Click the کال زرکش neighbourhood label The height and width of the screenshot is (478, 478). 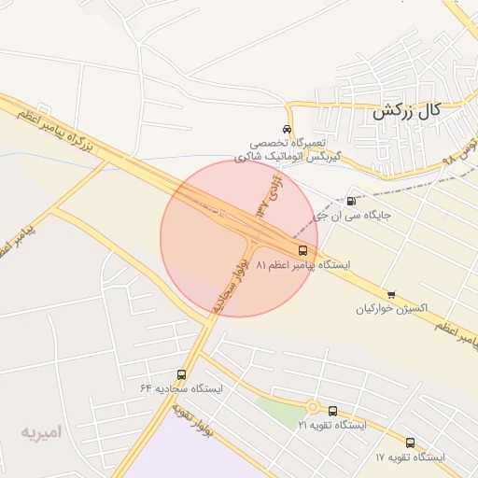[x=405, y=111]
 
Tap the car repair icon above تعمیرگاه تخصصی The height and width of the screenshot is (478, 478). [x=287, y=129]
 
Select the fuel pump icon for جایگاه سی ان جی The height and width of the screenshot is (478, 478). [x=351, y=201]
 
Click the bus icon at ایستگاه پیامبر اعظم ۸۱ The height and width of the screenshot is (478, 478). [x=302, y=250]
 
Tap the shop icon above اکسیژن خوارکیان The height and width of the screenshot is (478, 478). [x=390, y=295]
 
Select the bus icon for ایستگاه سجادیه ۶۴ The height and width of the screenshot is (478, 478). [x=181, y=374]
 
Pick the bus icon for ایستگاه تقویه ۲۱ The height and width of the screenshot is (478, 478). [x=333, y=411]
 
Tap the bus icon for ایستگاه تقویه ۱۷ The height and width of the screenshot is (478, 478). [x=410, y=443]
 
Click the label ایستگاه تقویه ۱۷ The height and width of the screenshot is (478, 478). [x=410, y=457]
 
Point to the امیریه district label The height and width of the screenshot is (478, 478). [x=41, y=433]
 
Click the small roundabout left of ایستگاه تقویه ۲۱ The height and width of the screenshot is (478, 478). [x=312, y=407]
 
